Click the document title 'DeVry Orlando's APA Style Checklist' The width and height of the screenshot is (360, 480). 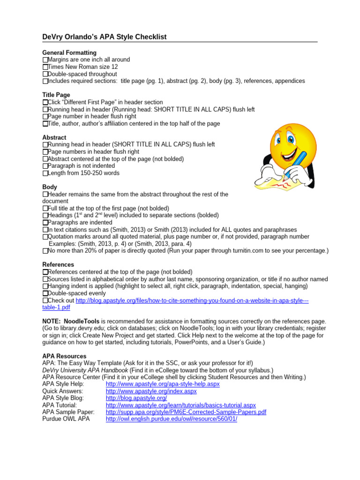104,37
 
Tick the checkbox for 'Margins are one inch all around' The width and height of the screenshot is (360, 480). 45,60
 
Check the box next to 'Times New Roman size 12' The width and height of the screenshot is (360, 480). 45,67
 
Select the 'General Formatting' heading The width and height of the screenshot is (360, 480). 69,53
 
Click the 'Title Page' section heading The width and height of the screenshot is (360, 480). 56,95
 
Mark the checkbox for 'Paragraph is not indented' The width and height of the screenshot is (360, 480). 45,166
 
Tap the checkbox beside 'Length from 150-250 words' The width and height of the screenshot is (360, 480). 45,173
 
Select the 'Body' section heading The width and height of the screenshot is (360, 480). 50,187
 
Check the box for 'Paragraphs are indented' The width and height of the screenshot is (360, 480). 45,223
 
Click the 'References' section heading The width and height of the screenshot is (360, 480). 59,265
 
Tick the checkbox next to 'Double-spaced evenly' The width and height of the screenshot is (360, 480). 45,293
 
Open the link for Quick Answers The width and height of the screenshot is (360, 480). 151,391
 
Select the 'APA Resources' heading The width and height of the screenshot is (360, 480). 64,356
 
